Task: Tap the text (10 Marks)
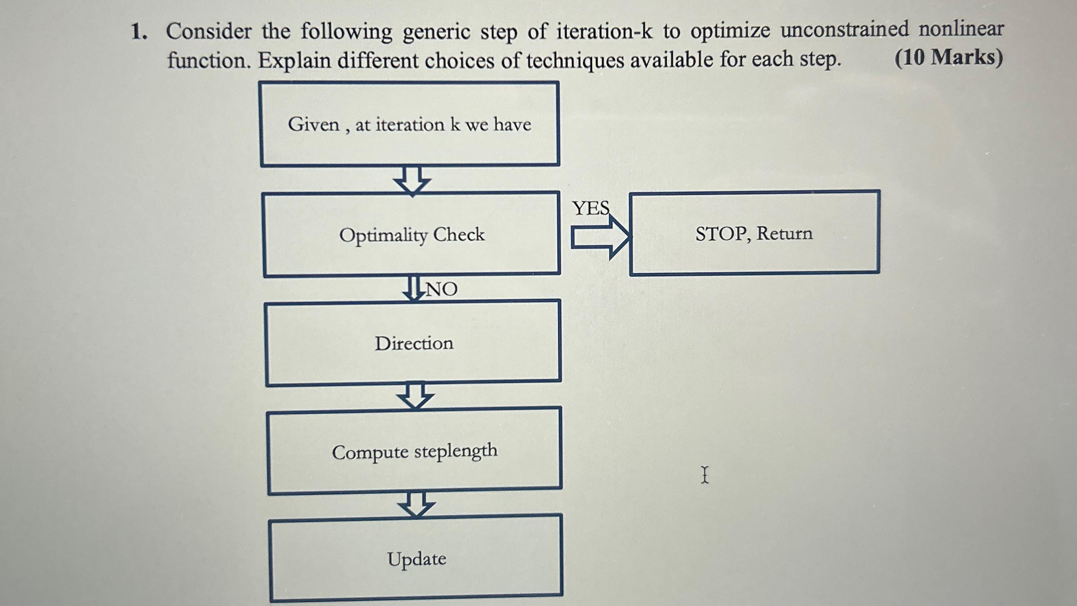point(948,58)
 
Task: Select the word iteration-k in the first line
point(604,31)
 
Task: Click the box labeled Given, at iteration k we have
point(409,124)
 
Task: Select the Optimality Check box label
point(412,235)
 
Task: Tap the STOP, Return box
point(754,233)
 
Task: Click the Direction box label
point(414,343)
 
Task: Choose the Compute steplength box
point(414,451)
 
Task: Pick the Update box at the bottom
point(416,559)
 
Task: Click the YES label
point(591,208)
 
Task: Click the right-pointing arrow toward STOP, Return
point(600,237)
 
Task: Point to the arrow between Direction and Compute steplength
point(415,395)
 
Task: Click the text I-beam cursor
point(705,475)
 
